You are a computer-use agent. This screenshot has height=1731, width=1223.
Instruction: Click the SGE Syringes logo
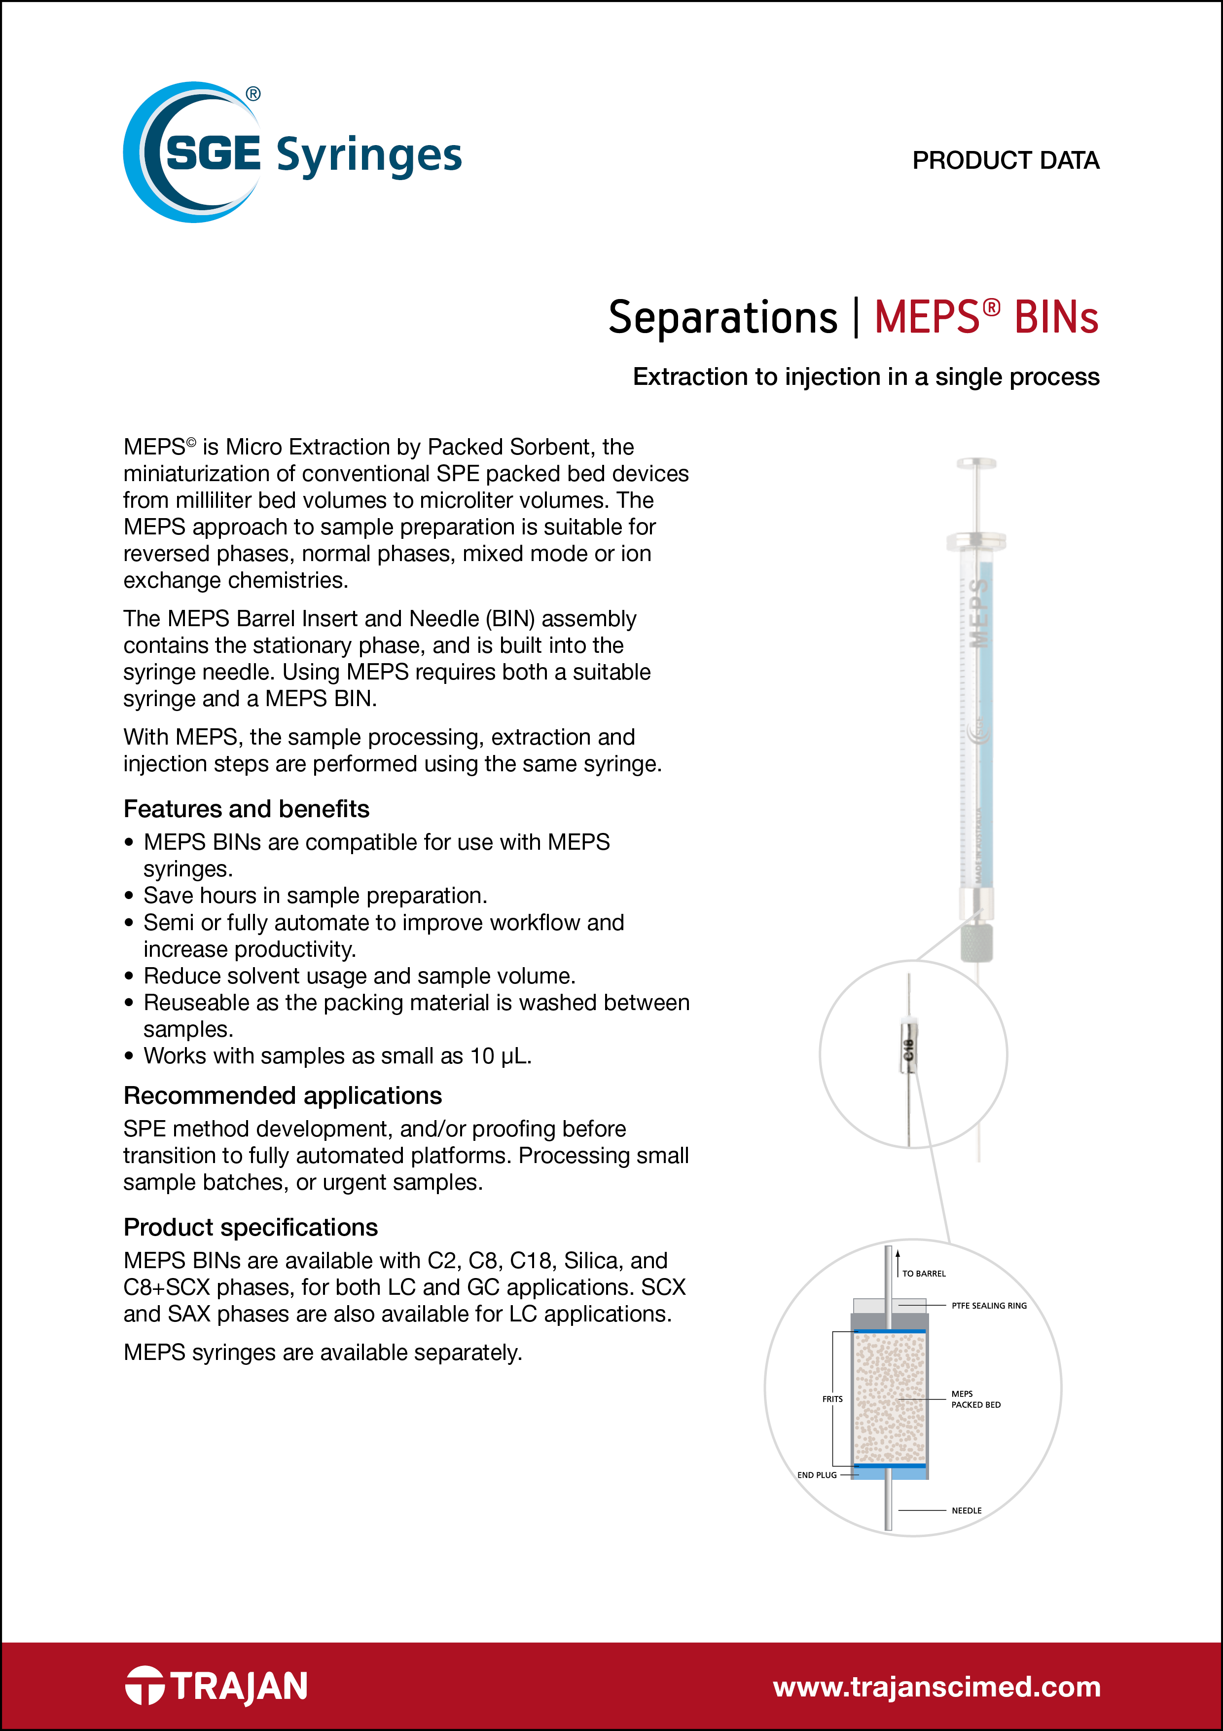(x=292, y=153)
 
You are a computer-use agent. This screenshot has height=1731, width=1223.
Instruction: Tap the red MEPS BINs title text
(x=986, y=317)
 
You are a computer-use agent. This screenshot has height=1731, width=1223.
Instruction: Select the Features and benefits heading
(x=247, y=809)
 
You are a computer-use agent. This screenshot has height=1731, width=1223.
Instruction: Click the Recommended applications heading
(x=283, y=1095)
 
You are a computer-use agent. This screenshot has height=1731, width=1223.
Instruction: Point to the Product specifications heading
(x=250, y=1227)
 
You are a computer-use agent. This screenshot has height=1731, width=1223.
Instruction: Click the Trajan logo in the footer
(x=216, y=1686)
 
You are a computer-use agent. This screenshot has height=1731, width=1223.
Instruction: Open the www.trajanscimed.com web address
(x=936, y=1687)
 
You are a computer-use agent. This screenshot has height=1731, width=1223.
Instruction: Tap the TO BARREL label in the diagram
(x=924, y=1274)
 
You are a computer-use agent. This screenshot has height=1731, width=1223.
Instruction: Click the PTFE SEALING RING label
(x=989, y=1306)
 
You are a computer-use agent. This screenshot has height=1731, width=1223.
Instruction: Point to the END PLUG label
(x=817, y=1475)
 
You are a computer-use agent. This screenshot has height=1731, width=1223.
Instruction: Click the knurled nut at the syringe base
(x=976, y=942)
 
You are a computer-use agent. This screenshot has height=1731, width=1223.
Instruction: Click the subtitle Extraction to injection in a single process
(x=866, y=377)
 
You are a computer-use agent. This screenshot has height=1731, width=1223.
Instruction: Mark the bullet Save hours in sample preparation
(x=315, y=896)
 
